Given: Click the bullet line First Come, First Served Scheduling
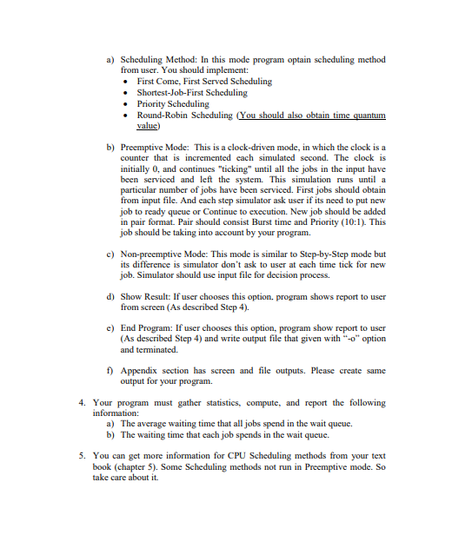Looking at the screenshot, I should (x=204, y=81).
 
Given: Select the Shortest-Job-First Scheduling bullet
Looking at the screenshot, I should (x=192, y=92).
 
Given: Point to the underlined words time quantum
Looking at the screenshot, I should (x=356, y=115).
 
